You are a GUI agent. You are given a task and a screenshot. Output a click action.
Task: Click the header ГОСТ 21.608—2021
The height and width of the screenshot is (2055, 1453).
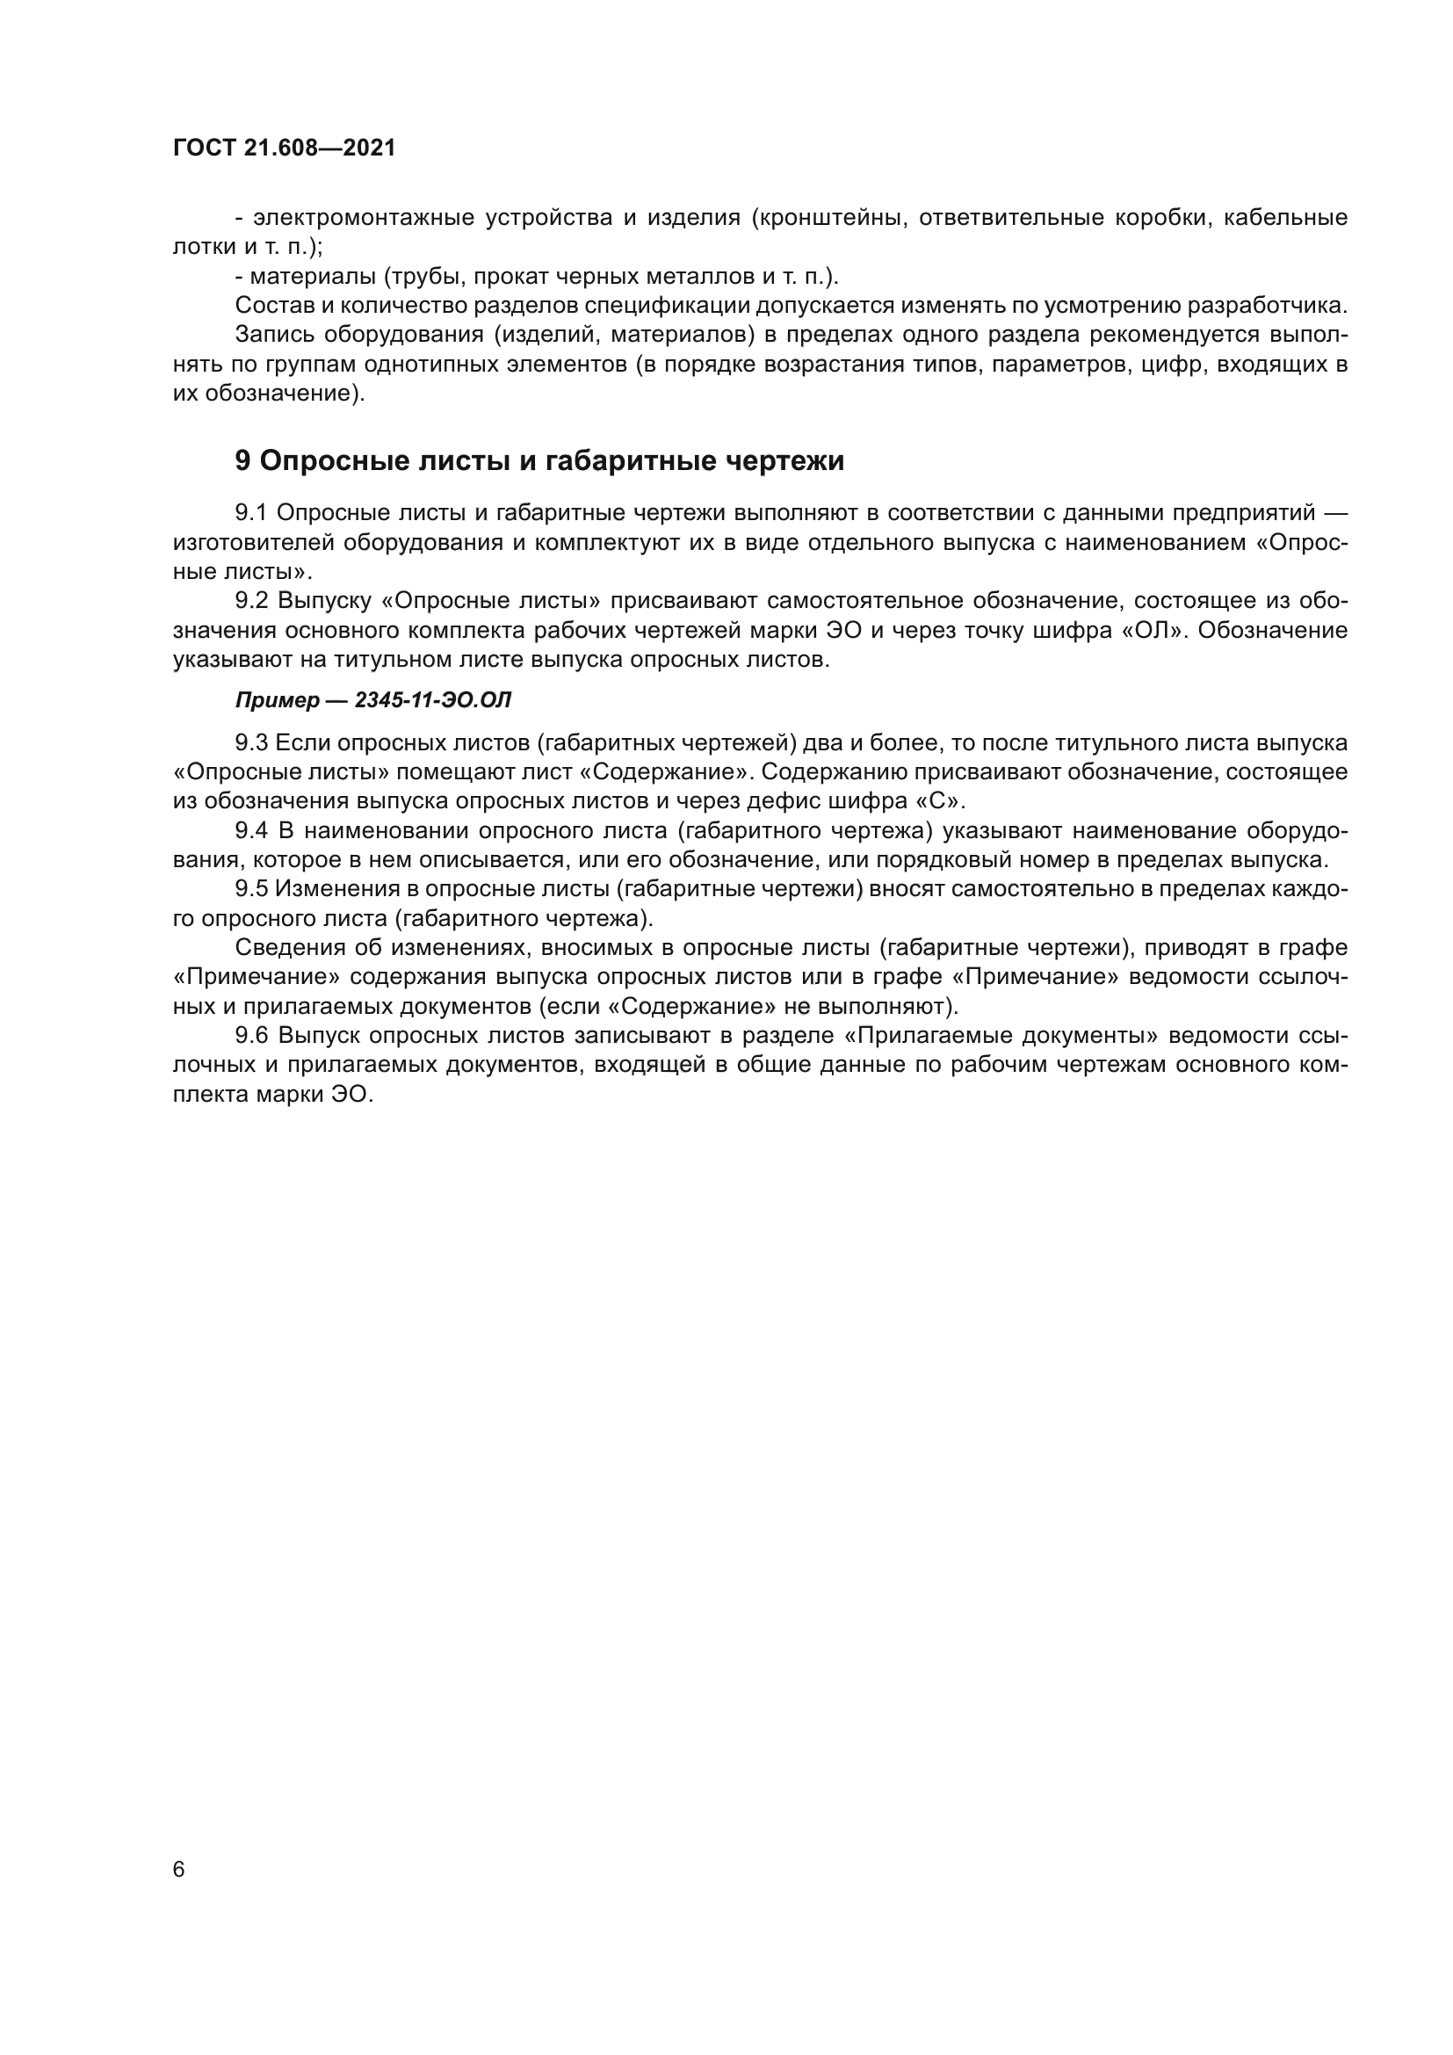point(284,148)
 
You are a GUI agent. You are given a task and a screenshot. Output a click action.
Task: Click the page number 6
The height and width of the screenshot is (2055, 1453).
point(179,1870)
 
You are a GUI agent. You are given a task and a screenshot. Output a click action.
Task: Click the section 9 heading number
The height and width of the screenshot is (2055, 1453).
point(243,461)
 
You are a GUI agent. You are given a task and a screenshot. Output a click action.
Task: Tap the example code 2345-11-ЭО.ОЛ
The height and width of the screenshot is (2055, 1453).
point(433,701)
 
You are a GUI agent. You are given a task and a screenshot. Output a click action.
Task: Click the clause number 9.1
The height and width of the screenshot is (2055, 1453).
point(251,513)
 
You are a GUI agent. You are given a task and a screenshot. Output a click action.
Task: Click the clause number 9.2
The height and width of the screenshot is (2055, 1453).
point(251,601)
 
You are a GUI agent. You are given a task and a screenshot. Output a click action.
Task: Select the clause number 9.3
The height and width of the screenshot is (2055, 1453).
point(251,743)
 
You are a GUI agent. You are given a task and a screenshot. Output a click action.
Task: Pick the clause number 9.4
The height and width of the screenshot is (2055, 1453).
point(251,830)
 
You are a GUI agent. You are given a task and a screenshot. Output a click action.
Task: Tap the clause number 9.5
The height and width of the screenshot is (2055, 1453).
point(251,889)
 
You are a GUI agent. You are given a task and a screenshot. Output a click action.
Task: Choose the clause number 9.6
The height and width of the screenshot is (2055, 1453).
point(251,1036)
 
